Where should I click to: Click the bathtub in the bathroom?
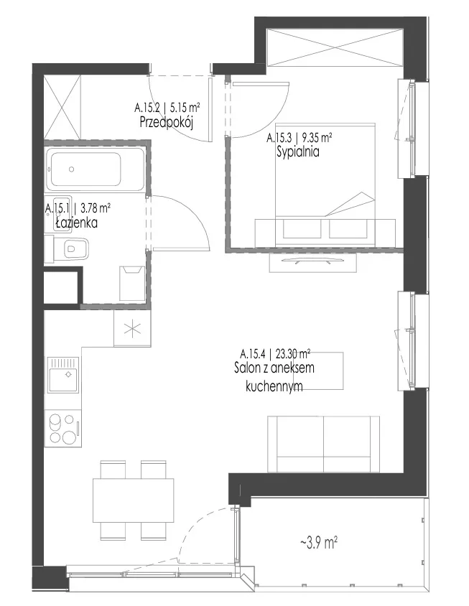(x=95, y=169)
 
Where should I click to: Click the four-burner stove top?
(x=63, y=428)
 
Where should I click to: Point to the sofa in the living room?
(x=323, y=444)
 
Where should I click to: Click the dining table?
(x=133, y=500)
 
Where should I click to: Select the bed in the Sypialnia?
(x=325, y=185)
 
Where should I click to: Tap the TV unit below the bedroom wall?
(x=312, y=262)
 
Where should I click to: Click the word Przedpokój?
(x=166, y=123)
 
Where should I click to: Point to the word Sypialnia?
(x=298, y=152)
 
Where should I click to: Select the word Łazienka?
(x=76, y=223)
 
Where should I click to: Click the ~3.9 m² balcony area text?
(x=319, y=543)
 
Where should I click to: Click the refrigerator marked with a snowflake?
(x=132, y=329)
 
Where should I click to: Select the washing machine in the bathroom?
(x=132, y=284)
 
